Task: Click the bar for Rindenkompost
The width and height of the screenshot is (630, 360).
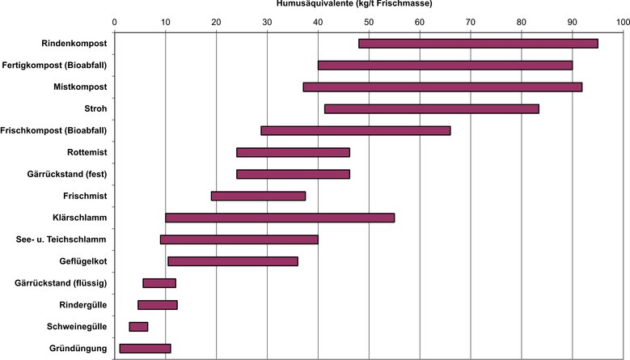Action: (x=478, y=43)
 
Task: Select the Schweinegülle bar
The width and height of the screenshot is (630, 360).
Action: (x=138, y=327)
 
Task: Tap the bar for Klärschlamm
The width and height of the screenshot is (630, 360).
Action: (x=280, y=218)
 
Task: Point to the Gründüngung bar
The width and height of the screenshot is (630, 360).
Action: (x=145, y=349)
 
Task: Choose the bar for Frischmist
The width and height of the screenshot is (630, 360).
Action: (x=258, y=196)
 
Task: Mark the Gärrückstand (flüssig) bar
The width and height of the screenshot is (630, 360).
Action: (x=159, y=283)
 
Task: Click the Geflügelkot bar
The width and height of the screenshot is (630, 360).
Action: (x=232, y=261)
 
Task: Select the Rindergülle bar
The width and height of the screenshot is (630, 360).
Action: (x=158, y=305)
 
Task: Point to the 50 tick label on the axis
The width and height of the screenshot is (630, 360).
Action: (x=369, y=23)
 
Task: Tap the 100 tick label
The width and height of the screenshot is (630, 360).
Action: (x=622, y=23)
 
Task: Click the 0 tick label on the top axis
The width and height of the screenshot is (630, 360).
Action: (x=115, y=23)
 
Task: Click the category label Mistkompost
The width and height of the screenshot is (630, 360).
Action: (x=79, y=87)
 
